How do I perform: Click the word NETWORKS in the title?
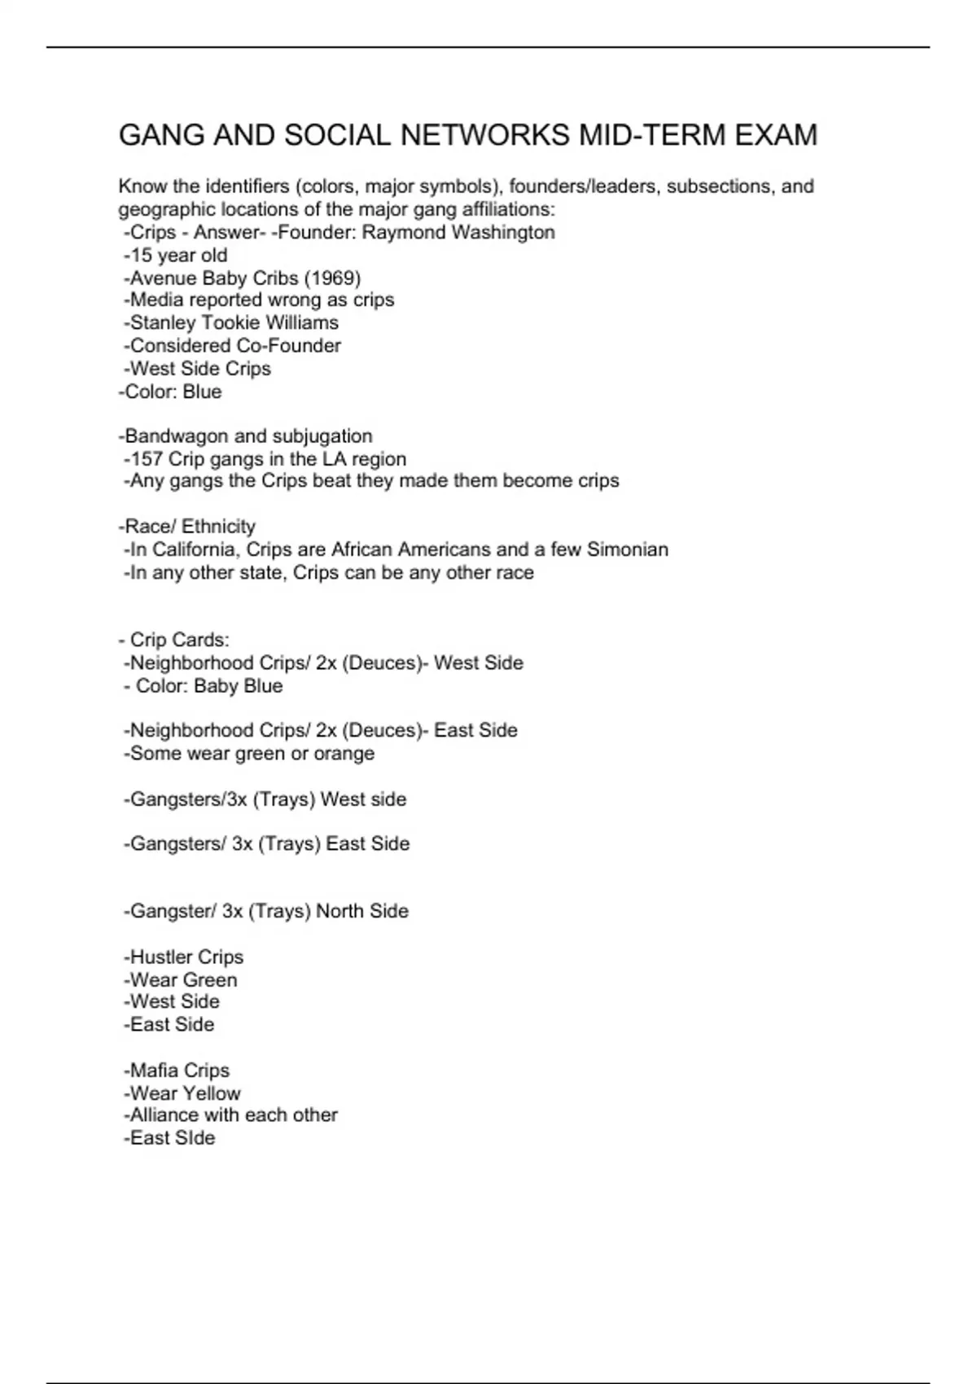point(484,135)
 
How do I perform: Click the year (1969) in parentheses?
point(332,278)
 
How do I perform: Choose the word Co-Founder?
point(288,346)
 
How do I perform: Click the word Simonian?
point(628,550)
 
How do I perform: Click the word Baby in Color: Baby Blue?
point(215,686)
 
